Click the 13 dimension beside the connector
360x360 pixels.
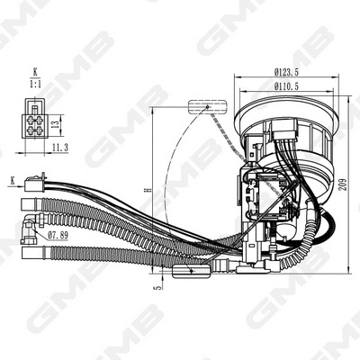pyautogui.click(x=55, y=121)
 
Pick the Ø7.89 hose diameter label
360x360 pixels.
pyautogui.click(x=59, y=235)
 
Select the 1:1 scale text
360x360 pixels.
pyautogui.click(x=36, y=83)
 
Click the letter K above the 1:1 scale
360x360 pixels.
pyautogui.click(x=36, y=70)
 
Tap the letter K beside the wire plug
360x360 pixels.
pyautogui.click(x=13, y=180)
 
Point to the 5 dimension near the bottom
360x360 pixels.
pyautogui.click(x=154, y=288)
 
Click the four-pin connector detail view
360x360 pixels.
pyautogui.click(x=33, y=121)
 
